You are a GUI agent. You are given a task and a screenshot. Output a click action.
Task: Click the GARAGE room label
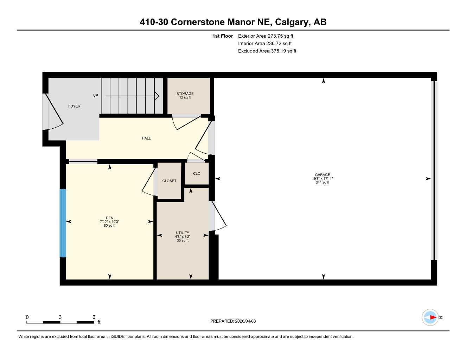click(322, 175)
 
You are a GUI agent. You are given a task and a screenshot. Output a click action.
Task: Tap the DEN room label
click(110, 218)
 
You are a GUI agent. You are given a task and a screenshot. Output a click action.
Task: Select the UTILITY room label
click(183, 233)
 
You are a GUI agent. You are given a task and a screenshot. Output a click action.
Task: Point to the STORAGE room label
click(185, 94)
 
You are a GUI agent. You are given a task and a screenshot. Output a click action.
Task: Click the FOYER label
click(74, 106)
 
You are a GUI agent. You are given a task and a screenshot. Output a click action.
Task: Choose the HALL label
click(146, 138)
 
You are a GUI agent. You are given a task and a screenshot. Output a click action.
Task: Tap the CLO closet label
click(197, 173)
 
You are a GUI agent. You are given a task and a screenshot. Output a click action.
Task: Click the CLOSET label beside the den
click(169, 181)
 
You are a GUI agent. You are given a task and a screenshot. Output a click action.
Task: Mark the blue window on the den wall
click(63, 223)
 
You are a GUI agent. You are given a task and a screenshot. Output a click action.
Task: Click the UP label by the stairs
click(96, 95)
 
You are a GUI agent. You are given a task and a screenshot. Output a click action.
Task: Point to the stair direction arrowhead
click(157, 96)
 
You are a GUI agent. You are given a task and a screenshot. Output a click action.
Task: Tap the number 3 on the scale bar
click(60, 317)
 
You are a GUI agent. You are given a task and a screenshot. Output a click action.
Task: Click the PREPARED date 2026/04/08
click(245, 321)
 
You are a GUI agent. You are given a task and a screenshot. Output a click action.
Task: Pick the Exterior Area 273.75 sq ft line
click(266, 36)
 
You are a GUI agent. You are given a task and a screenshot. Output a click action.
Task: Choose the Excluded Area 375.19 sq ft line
click(267, 51)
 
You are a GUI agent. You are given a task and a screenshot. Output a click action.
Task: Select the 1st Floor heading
click(223, 36)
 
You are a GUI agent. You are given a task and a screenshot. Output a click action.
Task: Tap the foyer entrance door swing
click(55, 112)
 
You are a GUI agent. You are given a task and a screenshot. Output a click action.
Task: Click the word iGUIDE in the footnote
click(118, 337)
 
